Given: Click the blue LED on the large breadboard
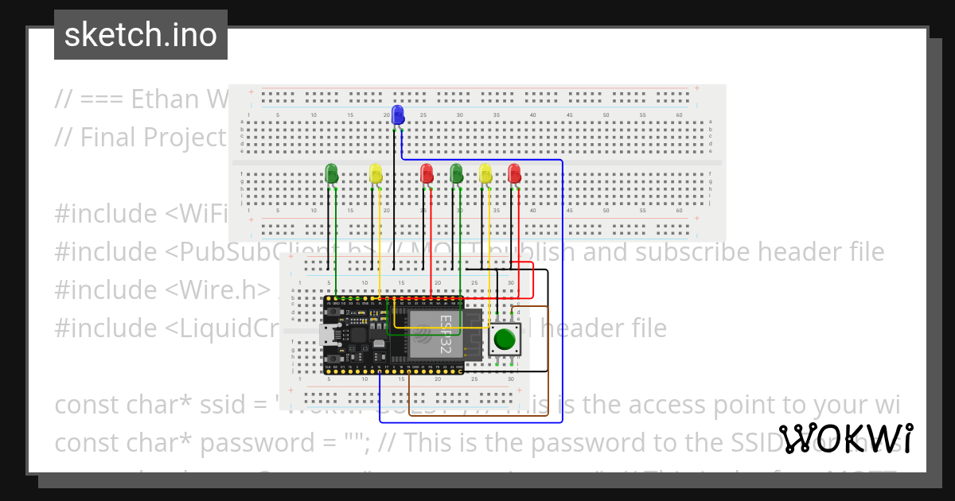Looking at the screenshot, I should (399, 114).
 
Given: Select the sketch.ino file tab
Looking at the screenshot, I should (141, 35).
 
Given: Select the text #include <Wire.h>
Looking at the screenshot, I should (163, 289).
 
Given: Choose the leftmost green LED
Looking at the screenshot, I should (332, 173).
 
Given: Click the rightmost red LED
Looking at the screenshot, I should (514, 173).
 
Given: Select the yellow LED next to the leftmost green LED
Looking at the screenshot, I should (376, 173).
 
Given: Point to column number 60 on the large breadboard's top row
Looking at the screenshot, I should (679, 116).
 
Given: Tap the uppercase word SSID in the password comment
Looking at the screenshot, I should (793, 442).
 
